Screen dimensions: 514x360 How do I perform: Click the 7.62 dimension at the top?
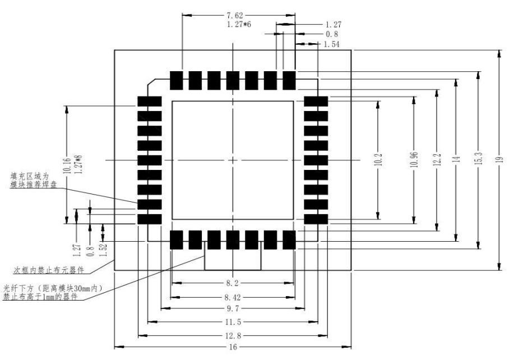click(235, 15)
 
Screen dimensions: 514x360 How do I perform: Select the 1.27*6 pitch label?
click(239, 24)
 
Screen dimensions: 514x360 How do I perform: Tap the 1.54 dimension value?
click(332, 44)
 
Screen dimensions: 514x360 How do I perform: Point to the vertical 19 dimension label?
click(500, 160)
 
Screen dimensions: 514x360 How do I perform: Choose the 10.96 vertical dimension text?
click(414, 159)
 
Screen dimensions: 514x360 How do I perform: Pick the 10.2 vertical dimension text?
click(378, 159)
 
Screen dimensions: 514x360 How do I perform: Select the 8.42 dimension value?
click(233, 298)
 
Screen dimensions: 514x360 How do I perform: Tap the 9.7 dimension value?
click(233, 308)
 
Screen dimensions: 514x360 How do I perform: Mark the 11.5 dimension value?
click(233, 322)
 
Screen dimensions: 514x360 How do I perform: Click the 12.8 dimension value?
click(233, 336)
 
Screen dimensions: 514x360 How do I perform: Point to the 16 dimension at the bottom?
click(233, 347)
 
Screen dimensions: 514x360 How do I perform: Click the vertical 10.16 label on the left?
click(67, 165)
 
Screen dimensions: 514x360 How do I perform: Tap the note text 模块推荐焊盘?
click(33, 184)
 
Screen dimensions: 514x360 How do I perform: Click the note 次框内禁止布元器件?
click(49, 270)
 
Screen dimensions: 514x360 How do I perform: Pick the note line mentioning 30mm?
click(53, 289)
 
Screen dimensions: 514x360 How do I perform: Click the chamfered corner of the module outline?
click(152, 83)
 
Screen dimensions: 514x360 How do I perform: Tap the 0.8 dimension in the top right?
click(332, 34)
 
